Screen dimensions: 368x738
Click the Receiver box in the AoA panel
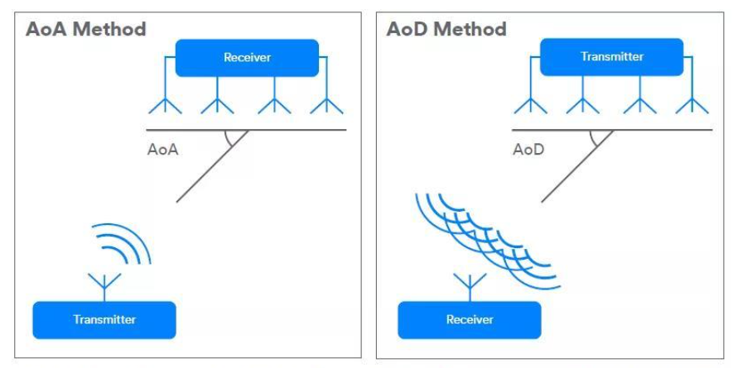pyautogui.click(x=247, y=58)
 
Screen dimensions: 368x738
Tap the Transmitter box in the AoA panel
pyautogui.click(x=104, y=319)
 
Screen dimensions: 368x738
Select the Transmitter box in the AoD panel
pyautogui.click(x=612, y=57)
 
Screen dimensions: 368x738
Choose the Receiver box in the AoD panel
pyautogui.click(x=470, y=319)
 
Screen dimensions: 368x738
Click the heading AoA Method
pyautogui.click(x=86, y=30)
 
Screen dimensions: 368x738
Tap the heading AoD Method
pyautogui.click(x=446, y=30)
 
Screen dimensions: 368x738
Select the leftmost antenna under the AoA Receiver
pyautogui.click(x=163, y=104)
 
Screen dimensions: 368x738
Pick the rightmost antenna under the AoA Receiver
pyautogui.click(x=329, y=104)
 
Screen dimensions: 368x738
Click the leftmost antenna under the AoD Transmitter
pyautogui.click(x=529, y=104)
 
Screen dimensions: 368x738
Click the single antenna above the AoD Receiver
pyautogui.click(x=470, y=284)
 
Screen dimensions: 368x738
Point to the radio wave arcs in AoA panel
pyautogui.click(x=124, y=245)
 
